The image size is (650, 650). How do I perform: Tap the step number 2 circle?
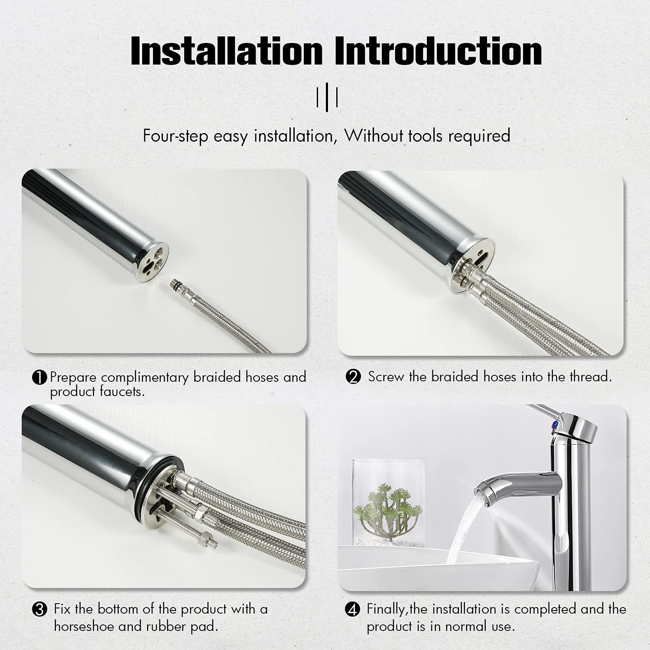(x=354, y=377)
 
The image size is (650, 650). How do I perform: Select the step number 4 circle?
(x=352, y=610)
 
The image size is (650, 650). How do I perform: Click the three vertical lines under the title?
(x=327, y=97)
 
